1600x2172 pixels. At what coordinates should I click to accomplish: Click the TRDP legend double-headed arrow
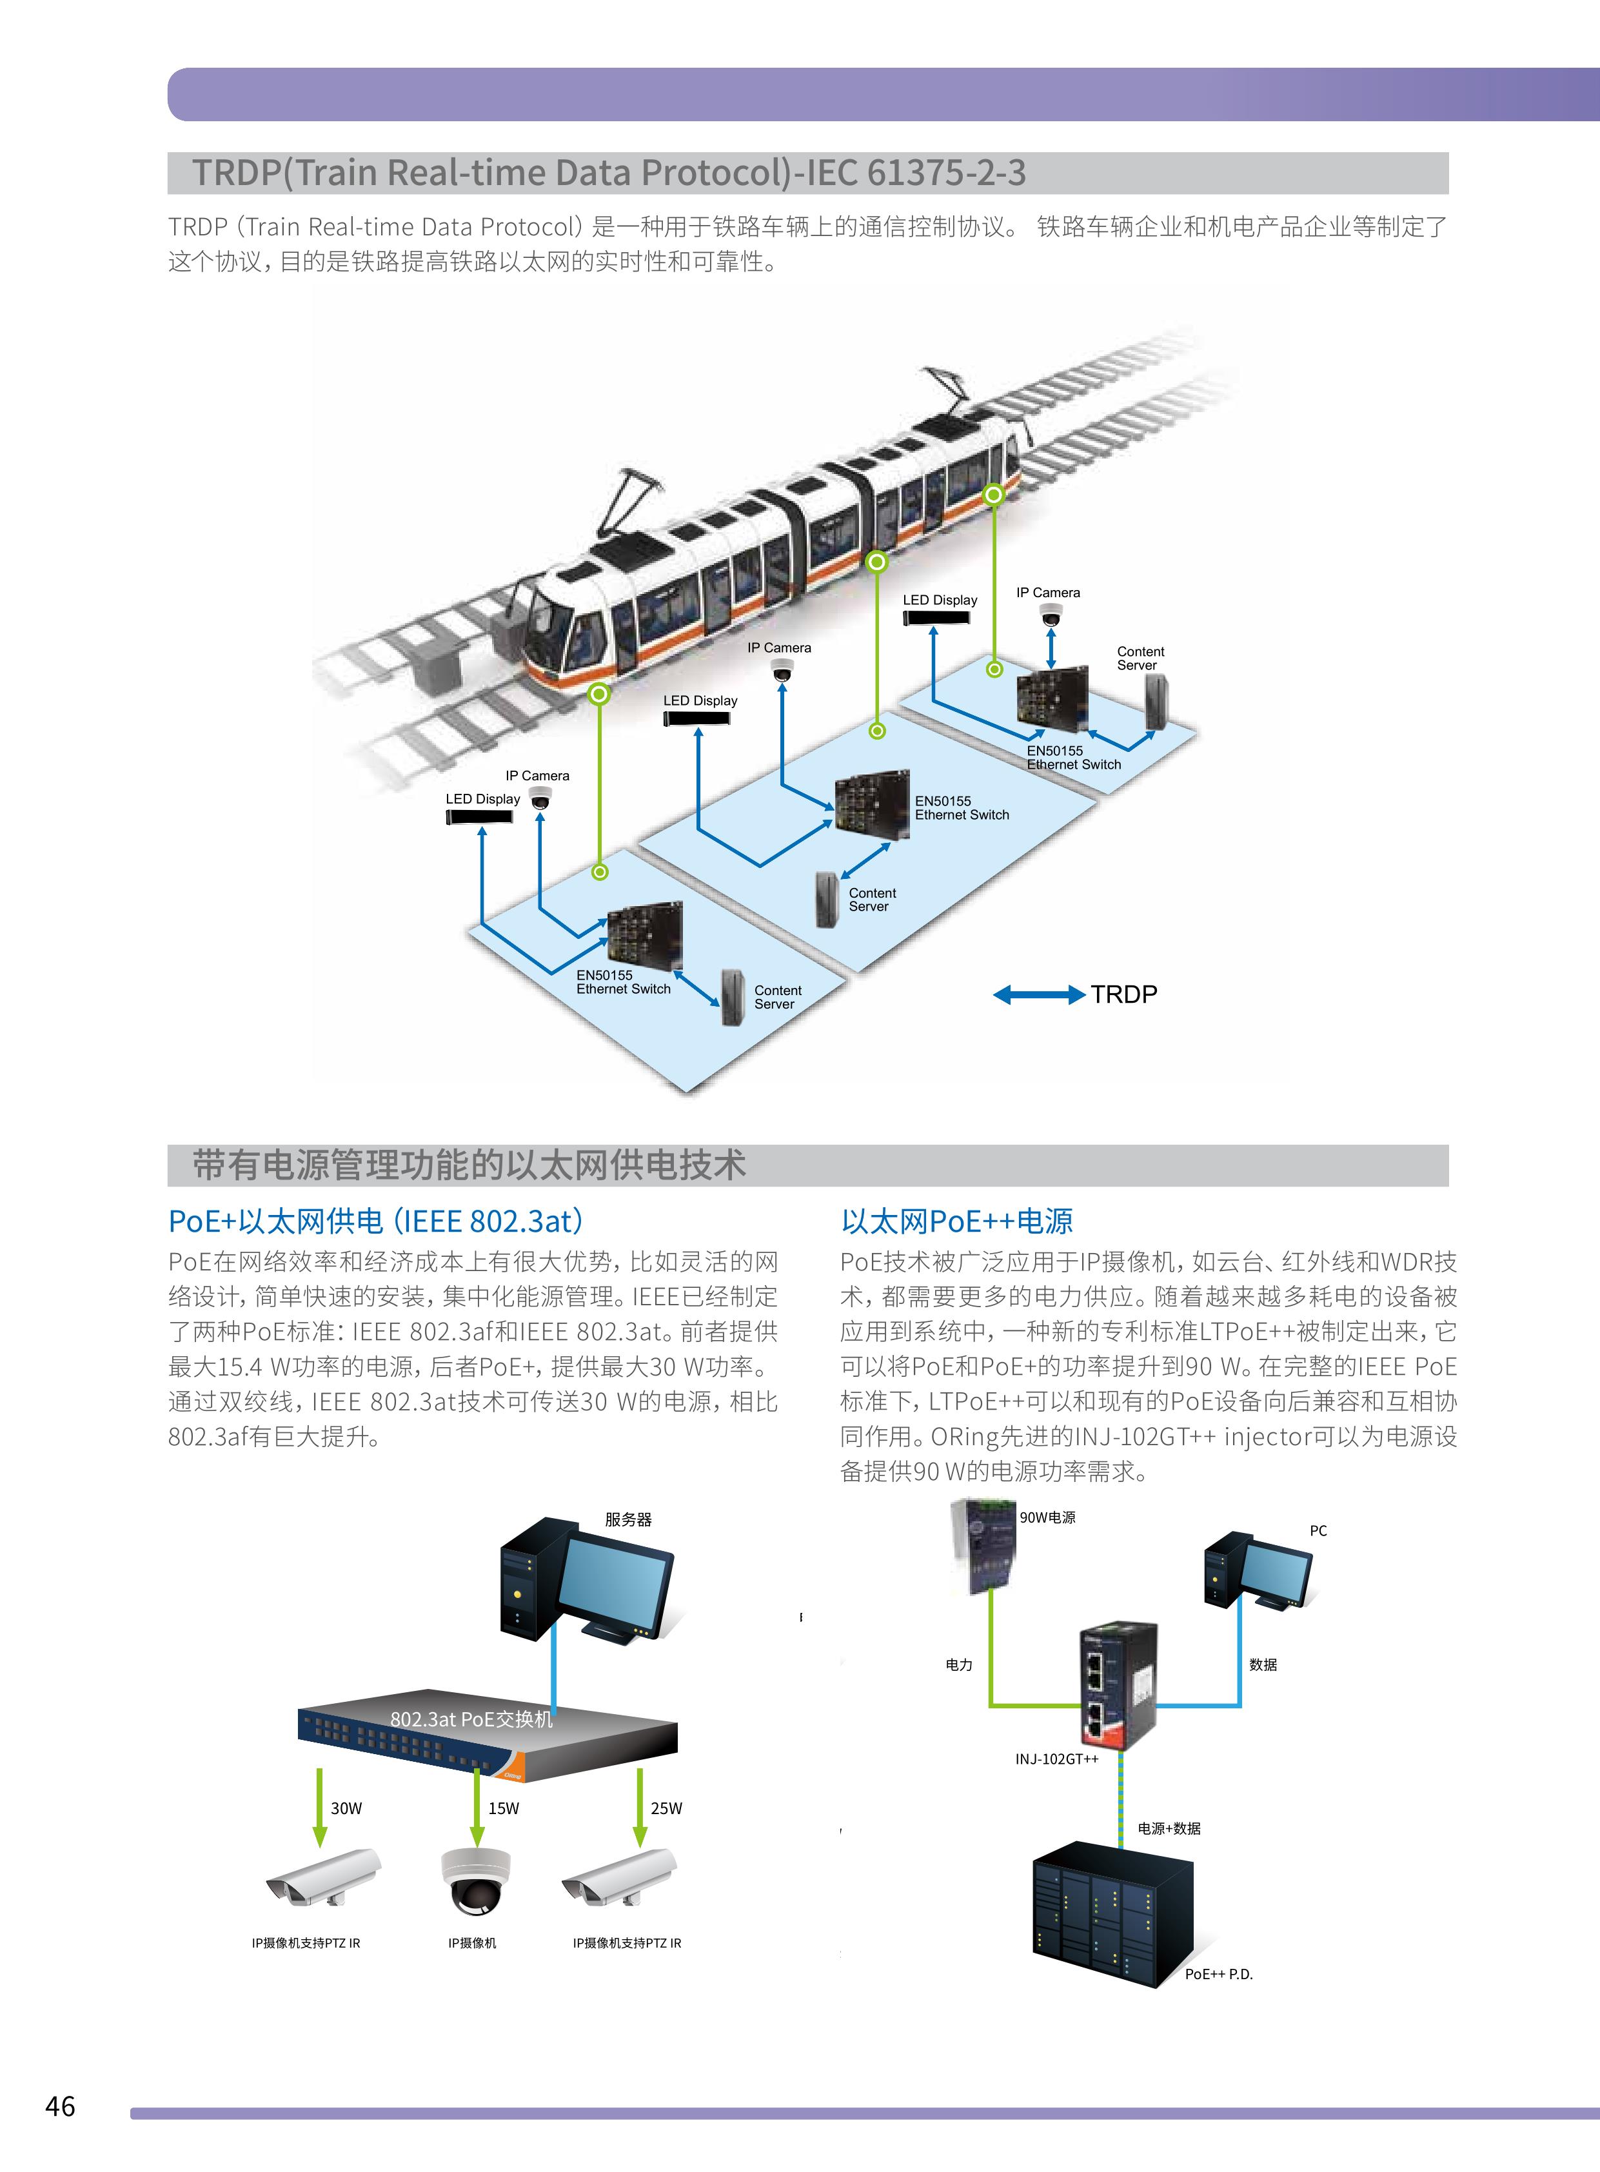point(1038,994)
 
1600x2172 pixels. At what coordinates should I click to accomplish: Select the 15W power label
point(504,1808)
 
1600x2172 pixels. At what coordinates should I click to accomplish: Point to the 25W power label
point(666,1808)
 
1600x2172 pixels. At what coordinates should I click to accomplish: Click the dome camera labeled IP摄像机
point(475,1882)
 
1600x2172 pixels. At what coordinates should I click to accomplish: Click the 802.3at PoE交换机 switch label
point(471,1719)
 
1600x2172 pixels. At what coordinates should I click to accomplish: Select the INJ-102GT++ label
point(1056,1759)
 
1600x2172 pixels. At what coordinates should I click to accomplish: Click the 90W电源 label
point(1047,1517)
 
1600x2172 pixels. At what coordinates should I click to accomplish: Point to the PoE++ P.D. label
point(1218,1973)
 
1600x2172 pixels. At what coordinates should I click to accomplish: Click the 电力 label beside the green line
point(959,1664)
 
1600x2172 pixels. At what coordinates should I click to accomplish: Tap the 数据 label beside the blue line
point(1263,1664)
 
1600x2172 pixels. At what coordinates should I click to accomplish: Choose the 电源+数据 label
point(1169,1828)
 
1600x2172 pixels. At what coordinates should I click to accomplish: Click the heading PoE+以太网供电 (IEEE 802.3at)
point(376,1221)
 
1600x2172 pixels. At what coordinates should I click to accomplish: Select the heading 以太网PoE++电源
point(957,1221)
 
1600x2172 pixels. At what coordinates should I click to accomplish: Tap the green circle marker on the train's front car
point(600,693)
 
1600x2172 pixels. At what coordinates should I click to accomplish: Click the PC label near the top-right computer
point(1318,1531)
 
